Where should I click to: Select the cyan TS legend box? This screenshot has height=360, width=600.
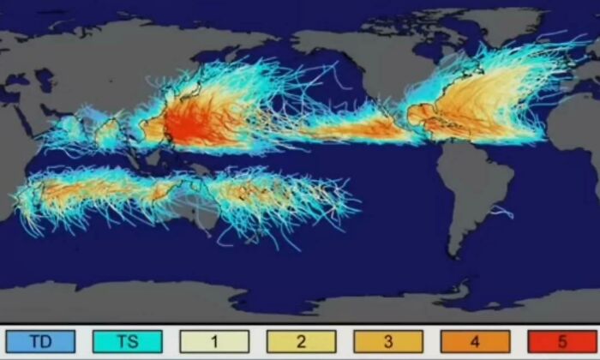tap(128, 342)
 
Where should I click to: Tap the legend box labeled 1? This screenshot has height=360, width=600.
tap(214, 342)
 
